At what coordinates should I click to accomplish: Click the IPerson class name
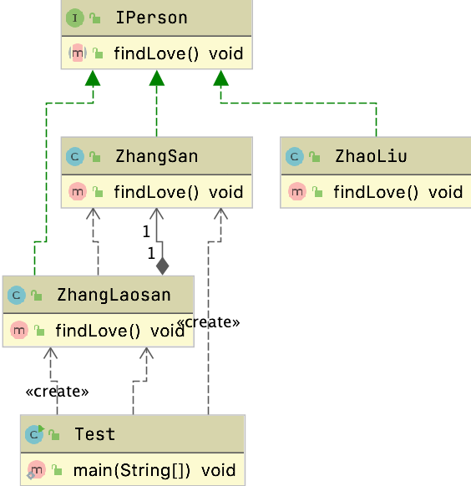pos(139,18)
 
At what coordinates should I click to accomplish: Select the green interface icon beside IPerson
pos(75,18)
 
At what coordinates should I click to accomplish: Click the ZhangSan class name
pos(145,156)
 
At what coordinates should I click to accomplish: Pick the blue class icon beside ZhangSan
pos(75,156)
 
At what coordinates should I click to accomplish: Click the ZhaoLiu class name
pos(371,156)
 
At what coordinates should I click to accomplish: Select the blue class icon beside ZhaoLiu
pos(294,156)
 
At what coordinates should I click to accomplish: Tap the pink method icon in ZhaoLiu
pos(296,193)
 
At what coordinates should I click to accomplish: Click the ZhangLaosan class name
pos(114,295)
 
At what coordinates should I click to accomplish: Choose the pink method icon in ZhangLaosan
pos(18,331)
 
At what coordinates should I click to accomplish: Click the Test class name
pos(94,434)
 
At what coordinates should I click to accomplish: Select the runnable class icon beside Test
pos(34,434)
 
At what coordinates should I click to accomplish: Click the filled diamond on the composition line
pos(162,266)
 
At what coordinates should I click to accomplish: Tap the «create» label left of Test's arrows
pos(57,390)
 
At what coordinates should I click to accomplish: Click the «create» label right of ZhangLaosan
pos(209,321)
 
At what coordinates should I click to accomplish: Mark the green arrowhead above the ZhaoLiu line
pos(220,78)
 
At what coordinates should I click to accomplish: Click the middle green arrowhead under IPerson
pos(156,78)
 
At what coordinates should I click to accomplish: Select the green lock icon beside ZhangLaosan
pos(37,296)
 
